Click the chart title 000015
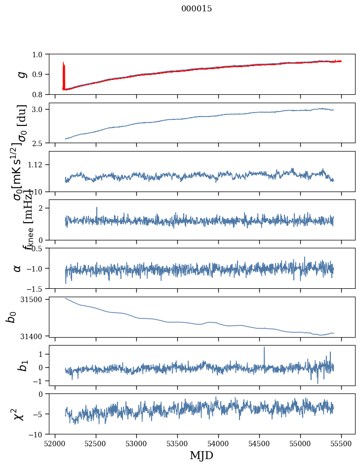tap(197, 9)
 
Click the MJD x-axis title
tap(201, 455)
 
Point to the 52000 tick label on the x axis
tap(55, 443)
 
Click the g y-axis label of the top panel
tap(21, 74)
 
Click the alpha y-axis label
tap(18, 268)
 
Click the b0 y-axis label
tap(11, 317)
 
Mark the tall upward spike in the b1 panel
tap(264, 348)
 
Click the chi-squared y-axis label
tap(19, 414)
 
